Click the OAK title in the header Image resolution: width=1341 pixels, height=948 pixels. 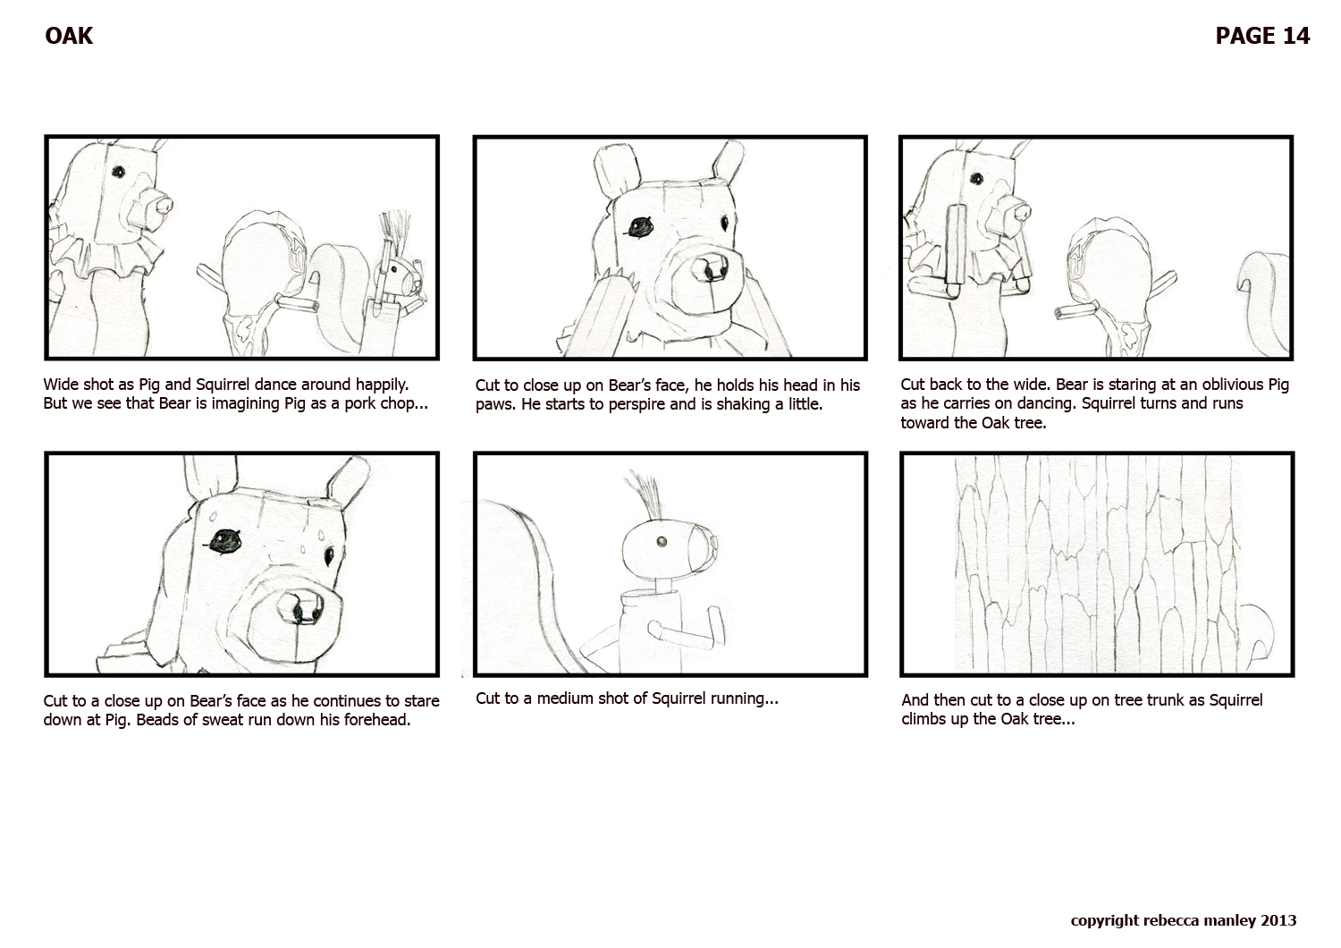[69, 36]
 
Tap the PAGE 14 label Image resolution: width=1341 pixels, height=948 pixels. [1262, 36]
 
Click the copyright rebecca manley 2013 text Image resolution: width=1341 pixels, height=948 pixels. [1183, 920]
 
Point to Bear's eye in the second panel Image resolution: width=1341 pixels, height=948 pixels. [639, 226]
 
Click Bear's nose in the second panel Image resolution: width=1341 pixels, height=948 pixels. [713, 267]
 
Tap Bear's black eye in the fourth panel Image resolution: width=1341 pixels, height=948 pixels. [223, 539]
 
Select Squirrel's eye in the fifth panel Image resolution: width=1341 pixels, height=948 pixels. [661, 542]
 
